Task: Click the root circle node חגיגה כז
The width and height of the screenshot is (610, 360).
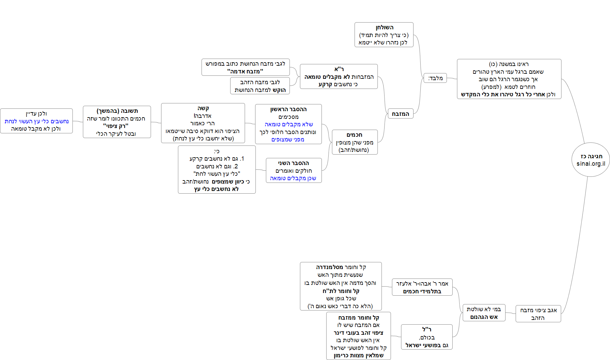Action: (591, 156)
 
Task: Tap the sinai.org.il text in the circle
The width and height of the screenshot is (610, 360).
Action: (591, 164)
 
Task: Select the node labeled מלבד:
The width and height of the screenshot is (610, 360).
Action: (435, 78)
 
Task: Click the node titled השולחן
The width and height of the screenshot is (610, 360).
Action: (384, 28)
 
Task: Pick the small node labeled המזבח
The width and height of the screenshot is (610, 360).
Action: (400, 114)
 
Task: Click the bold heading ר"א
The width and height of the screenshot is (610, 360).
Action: (339, 69)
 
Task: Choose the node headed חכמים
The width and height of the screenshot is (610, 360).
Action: (355, 135)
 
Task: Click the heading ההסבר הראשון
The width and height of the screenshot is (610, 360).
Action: (288, 109)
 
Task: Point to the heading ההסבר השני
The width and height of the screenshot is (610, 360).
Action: (294, 163)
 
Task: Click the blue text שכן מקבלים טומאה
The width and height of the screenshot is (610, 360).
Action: (293, 178)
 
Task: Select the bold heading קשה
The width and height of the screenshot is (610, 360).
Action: (203, 108)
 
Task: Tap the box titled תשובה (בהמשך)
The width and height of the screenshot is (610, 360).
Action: (117, 111)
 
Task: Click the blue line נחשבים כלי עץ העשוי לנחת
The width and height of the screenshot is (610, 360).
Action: (36, 121)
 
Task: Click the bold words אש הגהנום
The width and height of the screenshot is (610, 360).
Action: (484, 317)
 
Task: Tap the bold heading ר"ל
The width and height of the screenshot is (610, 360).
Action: (427, 329)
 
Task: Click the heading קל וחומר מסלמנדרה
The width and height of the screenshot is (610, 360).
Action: (341, 267)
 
